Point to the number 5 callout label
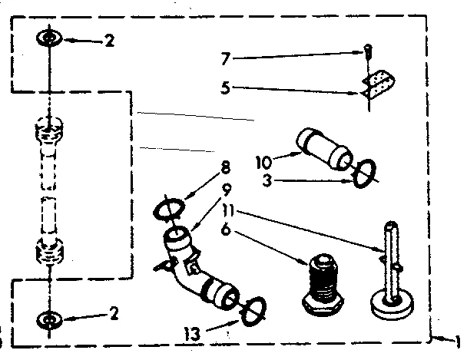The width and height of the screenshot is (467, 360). point(226,88)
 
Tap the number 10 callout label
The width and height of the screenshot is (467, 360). point(263,162)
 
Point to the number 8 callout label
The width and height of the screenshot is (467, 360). point(225,164)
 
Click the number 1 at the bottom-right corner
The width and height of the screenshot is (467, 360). point(459,342)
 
